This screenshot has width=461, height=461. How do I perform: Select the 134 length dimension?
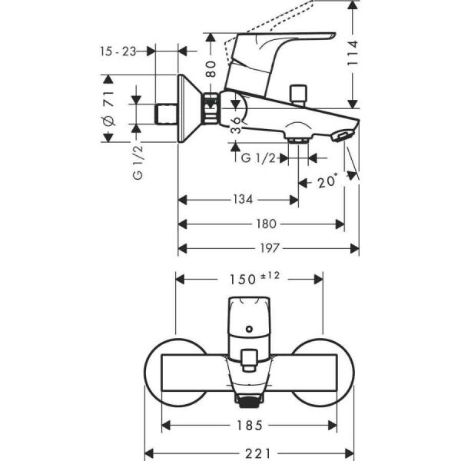point(243,200)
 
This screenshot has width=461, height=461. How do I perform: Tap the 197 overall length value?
point(270,248)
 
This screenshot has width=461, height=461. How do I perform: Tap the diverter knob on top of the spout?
point(297,96)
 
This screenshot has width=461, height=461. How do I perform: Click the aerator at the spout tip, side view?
point(341,137)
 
